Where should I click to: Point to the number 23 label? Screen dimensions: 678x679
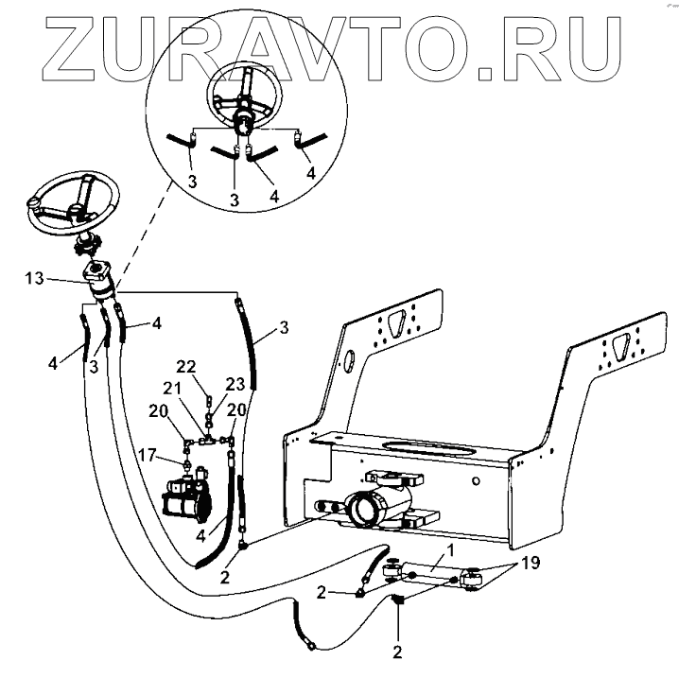(x=234, y=384)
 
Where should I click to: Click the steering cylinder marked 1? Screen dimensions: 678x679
(x=430, y=574)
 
